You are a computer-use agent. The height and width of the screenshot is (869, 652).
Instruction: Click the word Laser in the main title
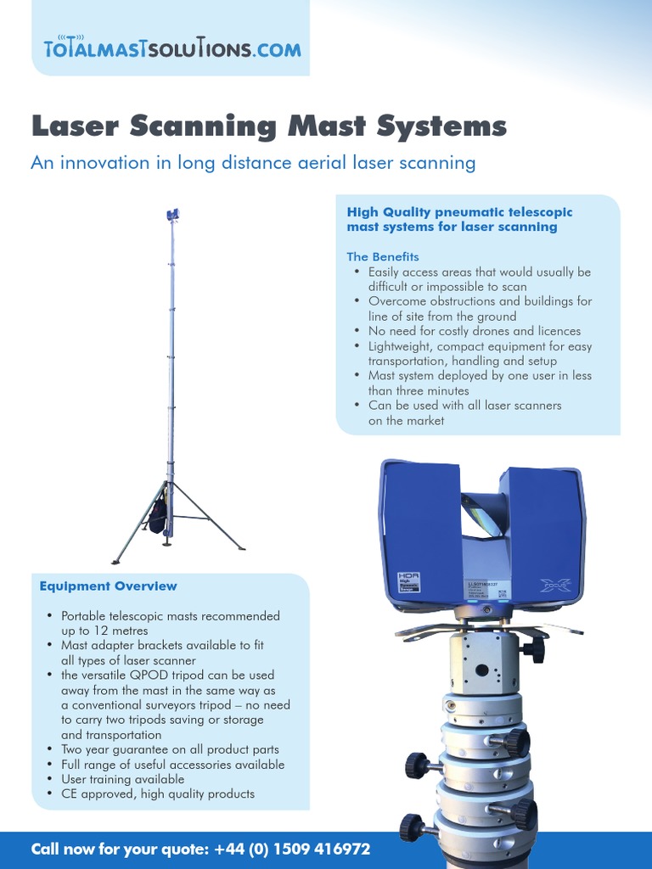coord(75,126)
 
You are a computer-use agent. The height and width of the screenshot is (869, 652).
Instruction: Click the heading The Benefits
coord(382,256)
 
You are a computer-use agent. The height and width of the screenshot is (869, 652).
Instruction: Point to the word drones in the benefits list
coord(492,331)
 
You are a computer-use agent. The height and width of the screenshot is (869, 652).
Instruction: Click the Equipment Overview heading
coord(109,586)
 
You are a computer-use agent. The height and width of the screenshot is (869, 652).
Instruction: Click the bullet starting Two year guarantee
coord(170,749)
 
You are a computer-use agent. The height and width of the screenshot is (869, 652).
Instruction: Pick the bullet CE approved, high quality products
coord(158,793)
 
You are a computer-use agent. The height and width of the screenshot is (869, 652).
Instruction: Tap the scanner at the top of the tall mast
coord(173,215)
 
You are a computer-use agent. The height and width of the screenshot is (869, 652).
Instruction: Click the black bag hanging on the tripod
coord(158,515)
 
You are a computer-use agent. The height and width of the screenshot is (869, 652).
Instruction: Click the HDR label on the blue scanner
coord(409,577)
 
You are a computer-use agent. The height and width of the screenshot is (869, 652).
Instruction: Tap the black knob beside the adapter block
coord(533,651)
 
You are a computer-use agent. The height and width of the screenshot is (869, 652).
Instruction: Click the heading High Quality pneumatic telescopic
coord(459,211)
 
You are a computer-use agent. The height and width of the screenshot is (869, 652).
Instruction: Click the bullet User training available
coord(122,779)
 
